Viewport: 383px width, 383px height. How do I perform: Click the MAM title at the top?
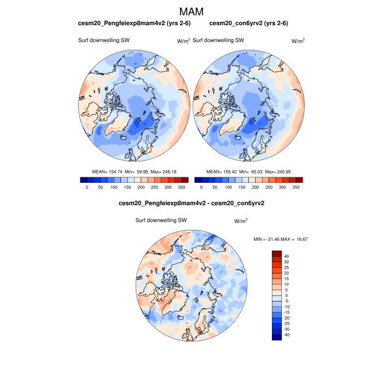pos(191,11)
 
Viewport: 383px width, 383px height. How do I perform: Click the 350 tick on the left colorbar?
pos(182,187)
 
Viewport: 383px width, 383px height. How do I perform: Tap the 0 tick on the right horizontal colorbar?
pos(201,187)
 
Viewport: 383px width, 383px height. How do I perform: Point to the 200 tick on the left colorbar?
pos(141,187)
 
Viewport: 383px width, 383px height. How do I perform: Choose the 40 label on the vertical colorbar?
pos(287,256)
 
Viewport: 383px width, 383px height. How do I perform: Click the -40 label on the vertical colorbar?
pos(286,335)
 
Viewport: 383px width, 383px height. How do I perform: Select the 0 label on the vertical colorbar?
pos(286,295)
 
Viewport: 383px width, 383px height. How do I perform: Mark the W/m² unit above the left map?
pos(183,41)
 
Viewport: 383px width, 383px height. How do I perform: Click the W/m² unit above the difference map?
pos(241,221)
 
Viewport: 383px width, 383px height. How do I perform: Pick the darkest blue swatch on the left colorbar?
pos(83,179)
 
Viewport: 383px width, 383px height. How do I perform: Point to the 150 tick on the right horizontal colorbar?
pos(242,187)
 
